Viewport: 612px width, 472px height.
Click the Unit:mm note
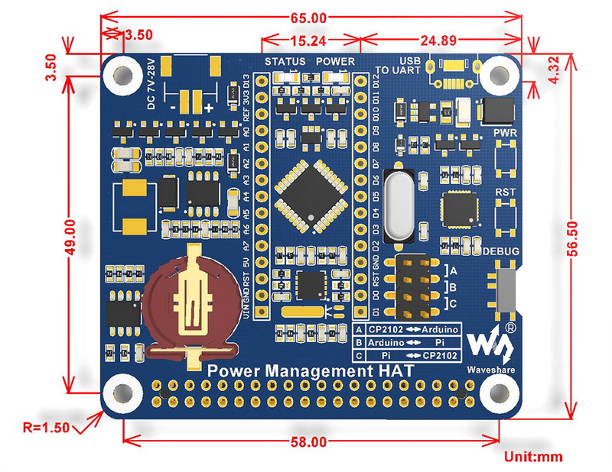click(x=533, y=457)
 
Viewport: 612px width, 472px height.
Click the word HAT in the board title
click(x=395, y=371)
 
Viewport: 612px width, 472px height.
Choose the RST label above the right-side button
click(x=505, y=192)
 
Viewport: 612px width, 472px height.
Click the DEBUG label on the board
click(x=501, y=251)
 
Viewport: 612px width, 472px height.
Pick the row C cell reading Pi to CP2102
click(x=413, y=356)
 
